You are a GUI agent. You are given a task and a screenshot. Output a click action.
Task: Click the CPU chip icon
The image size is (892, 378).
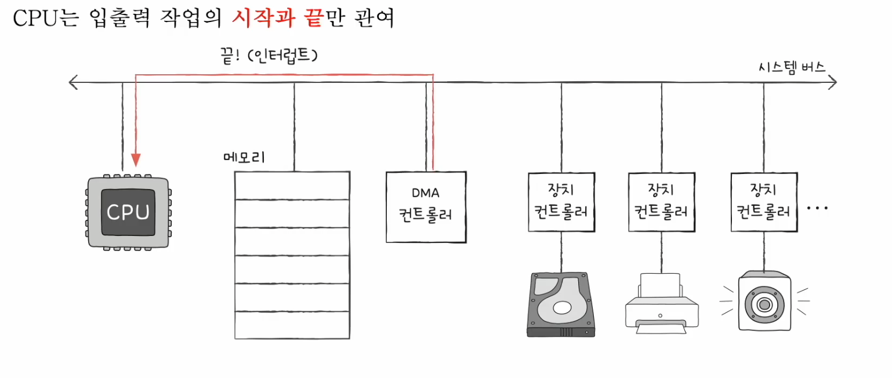click(128, 212)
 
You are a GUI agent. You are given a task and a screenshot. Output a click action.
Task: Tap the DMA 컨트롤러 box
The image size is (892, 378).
click(426, 206)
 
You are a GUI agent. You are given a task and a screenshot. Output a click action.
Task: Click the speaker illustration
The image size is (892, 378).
click(764, 302)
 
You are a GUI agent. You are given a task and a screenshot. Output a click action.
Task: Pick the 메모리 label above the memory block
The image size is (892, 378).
click(244, 157)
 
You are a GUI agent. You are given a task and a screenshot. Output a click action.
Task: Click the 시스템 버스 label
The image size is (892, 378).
click(792, 67)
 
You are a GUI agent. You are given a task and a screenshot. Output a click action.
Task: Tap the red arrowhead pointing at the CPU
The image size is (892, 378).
click(136, 159)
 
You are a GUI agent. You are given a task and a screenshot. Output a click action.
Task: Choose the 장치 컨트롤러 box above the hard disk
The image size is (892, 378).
click(560, 201)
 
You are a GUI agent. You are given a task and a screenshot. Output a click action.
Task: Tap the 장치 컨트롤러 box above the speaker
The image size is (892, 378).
click(763, 201)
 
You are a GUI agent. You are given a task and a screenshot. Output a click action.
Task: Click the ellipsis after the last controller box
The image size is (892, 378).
click(817, 208)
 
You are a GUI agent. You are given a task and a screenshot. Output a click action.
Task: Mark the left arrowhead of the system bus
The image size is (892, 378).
click(72, 83)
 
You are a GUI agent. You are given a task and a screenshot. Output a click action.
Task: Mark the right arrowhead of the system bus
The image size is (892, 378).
click(833, 83)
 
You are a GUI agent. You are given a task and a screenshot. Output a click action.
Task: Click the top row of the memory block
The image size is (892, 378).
click(292, 186)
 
